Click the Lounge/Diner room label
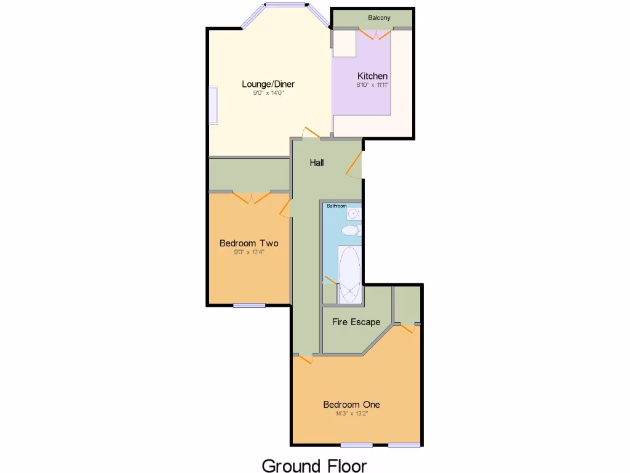coord(268,84)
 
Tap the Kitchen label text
coord(373,76)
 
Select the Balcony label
coord(379,18)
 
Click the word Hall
coord(317,163)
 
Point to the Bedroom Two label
coord(249,243)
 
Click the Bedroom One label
coord(352,405)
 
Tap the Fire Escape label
coord(356,322)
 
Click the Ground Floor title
coord(314,465)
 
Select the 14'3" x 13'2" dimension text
coord(352,414)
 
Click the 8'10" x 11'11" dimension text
coord(373,85)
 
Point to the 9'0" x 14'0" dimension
coord(268,93)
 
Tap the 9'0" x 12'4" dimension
coord(249,252)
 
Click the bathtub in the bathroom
coord(349,275)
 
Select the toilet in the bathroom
coord(351,230)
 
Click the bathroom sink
coord(353,214)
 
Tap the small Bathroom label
coord(337,206)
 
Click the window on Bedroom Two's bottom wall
coord(249,305)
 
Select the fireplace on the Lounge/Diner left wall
coord(213,105)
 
